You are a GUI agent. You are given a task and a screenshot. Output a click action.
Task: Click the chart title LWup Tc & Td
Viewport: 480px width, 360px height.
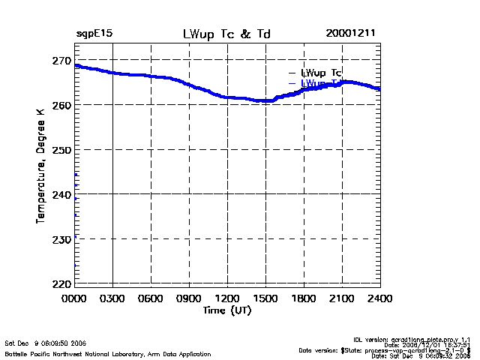point(227,34)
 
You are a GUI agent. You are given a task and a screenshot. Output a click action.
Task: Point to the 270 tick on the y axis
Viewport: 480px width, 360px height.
point(61,60)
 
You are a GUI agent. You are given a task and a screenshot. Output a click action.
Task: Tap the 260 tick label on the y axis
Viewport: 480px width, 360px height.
point(61,105)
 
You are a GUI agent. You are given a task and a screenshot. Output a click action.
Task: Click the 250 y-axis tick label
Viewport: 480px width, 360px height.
point(61,150)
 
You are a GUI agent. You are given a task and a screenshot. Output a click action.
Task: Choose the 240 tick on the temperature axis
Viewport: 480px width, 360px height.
point(61,194)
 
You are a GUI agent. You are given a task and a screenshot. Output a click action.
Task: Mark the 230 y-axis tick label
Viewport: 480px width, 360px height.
point(61,239)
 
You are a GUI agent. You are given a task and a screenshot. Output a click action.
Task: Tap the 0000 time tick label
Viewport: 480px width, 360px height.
point(74,298)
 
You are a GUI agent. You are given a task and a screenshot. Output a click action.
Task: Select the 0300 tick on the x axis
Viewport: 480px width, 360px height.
point(112,298)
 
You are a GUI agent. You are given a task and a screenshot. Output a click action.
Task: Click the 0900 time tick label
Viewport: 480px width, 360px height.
point(189,298)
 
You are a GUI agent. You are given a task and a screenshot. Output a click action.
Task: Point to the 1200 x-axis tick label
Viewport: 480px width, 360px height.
point(227,298)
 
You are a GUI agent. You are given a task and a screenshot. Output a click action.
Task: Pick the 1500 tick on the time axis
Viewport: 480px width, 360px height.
point(265,298)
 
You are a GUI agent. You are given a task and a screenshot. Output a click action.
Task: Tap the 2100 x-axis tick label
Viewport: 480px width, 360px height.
point(342,298)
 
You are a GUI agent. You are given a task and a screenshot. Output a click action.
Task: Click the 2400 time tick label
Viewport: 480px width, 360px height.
point(379,298)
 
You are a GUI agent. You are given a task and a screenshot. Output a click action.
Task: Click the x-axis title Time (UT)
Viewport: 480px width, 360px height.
point(227,310)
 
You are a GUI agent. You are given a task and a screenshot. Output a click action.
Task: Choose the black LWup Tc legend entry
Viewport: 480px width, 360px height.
point(321,73)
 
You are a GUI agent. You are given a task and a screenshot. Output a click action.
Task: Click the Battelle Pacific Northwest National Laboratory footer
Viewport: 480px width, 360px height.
point(108,353)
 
